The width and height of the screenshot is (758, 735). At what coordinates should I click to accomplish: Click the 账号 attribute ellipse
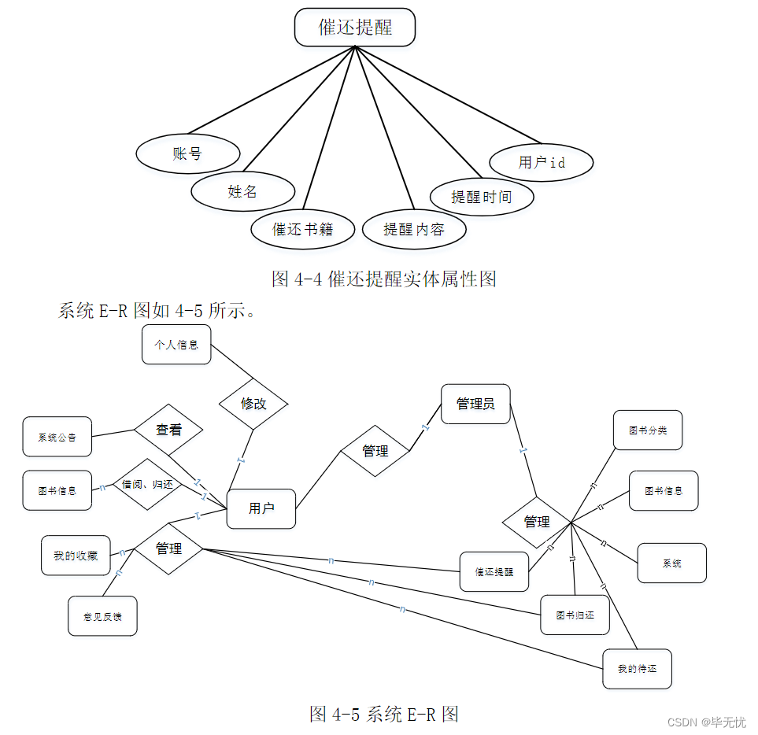pyautogui.click(x=187, y=153)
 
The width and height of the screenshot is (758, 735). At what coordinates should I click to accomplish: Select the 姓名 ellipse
pyautogui.click(x=242, y=191)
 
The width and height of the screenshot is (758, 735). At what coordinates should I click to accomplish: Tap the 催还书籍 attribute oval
pyautogui.click(x=302, y=229)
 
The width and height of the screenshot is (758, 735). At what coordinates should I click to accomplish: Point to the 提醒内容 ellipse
pyautogui.click(x=414, y=229)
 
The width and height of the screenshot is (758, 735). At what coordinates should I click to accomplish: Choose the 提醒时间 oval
pyautogui.click(x=482, y=196)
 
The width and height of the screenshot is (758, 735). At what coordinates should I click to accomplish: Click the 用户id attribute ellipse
pyautogui.click(x=541, y=162)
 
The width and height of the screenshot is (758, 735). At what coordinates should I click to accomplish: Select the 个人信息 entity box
pyautogui.click(x=176, y=345)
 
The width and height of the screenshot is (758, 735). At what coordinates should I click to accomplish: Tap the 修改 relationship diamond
pyautogui.click(x=253, y=404)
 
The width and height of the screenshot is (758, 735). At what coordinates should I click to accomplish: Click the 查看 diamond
pyautogui.click(x=168, y=430)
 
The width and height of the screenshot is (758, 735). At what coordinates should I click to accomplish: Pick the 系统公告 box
pyautogui.click(x=57, y=437)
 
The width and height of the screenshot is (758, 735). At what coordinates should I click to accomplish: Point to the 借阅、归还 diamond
pyautogui.click(x=147, y=484)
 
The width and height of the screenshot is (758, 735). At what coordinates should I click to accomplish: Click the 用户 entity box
pyautogui.click(x=261, y=508)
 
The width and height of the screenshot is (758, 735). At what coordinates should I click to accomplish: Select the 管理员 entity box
pyautogui.click(x=475, y=404)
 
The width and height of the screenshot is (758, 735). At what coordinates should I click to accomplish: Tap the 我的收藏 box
pyautogui.click(x=76, y=556)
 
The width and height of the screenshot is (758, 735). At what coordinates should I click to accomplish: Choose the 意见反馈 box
pyautogui.click(x=102, y=615)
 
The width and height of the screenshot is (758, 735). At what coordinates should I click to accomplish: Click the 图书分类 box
pyautogui.click(x=648, y=430)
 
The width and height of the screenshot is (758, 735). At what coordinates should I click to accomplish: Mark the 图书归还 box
pyautogui.click(x=575, y=615)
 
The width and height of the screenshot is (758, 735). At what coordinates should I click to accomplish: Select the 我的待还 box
pyautogui.click(x=637, y=669)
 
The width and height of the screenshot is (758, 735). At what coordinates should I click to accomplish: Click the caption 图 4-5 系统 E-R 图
pyautogui.click(x=384, y=714)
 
